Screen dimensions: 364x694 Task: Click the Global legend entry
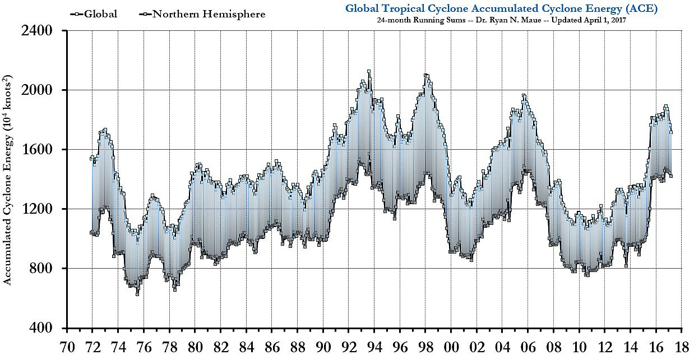(100, 14)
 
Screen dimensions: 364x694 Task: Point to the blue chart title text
(501, 8)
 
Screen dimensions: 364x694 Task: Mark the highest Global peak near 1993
(368, 71)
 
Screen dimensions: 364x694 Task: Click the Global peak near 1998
(426, 75)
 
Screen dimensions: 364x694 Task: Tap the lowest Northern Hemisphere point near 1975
(137, 293)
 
